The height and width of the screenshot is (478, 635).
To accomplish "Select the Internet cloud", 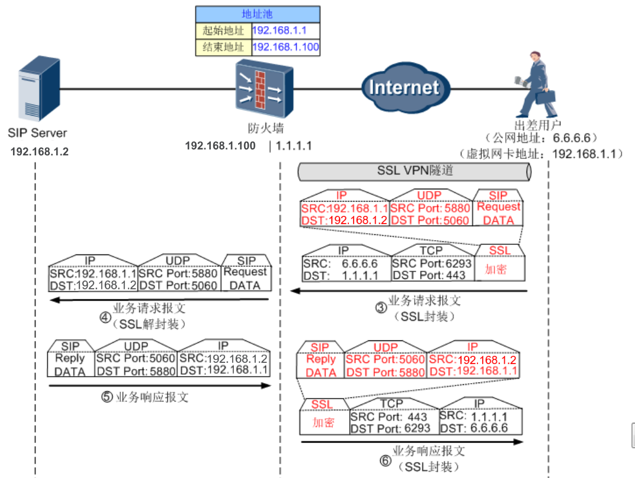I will click(x=404, y=88).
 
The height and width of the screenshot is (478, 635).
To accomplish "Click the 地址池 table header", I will click(x=258, y=14).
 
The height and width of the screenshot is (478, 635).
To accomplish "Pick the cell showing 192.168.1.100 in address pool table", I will click(x=286, y=47).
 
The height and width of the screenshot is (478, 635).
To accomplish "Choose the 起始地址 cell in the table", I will click(x=223, y=31).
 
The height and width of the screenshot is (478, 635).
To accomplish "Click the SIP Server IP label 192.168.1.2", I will click(x=40, y=152).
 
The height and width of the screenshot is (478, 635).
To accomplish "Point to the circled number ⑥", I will click(x=386, y=460).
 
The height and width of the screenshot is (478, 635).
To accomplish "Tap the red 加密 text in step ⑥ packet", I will click(x=324, y=423).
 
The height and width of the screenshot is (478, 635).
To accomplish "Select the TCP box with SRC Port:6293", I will click(x=431, y=263).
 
